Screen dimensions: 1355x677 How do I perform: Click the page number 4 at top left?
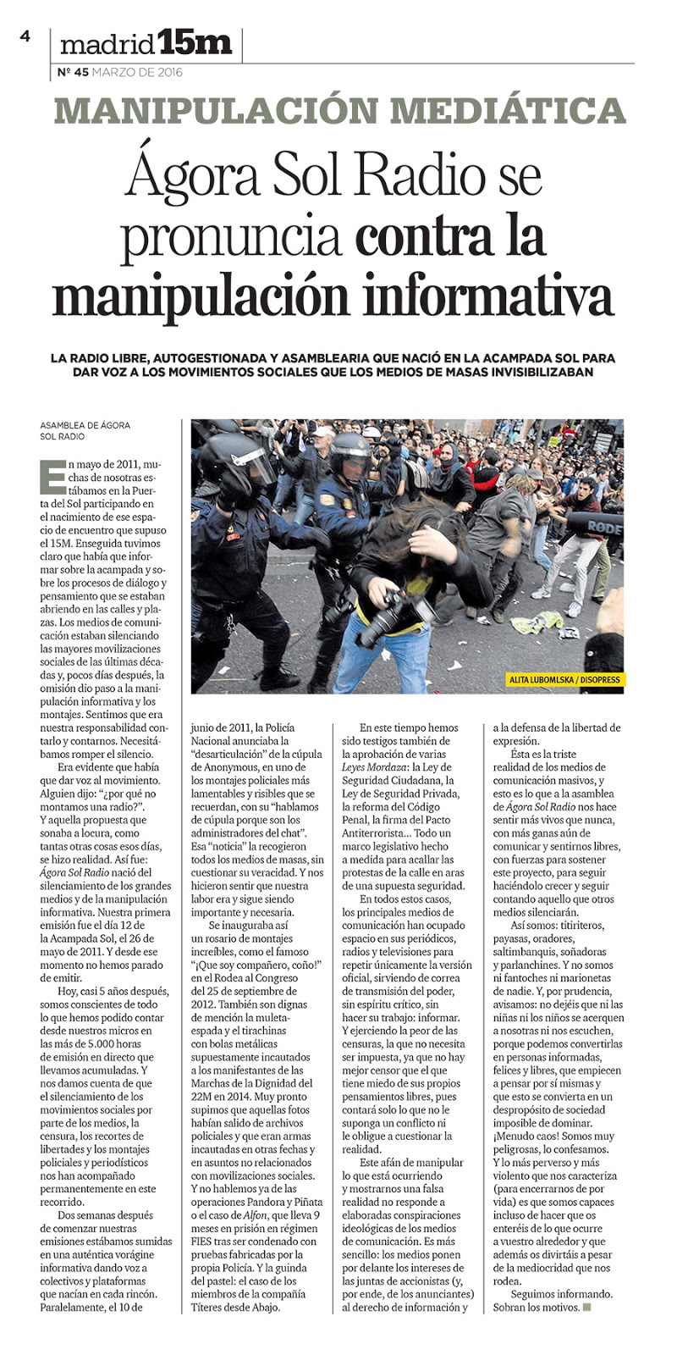[25, 36]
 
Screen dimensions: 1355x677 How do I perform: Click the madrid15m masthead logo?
[146, 42]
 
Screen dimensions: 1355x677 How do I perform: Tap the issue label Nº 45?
[73, 72]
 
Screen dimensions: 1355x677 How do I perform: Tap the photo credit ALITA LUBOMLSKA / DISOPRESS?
[564, 679]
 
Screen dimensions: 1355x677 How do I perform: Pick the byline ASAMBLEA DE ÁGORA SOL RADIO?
[85, 430]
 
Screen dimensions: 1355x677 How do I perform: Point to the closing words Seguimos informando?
[561, 1294]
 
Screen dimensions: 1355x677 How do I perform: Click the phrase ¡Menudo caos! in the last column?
[529, 1135]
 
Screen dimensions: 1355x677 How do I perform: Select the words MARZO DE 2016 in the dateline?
[138, 72]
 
